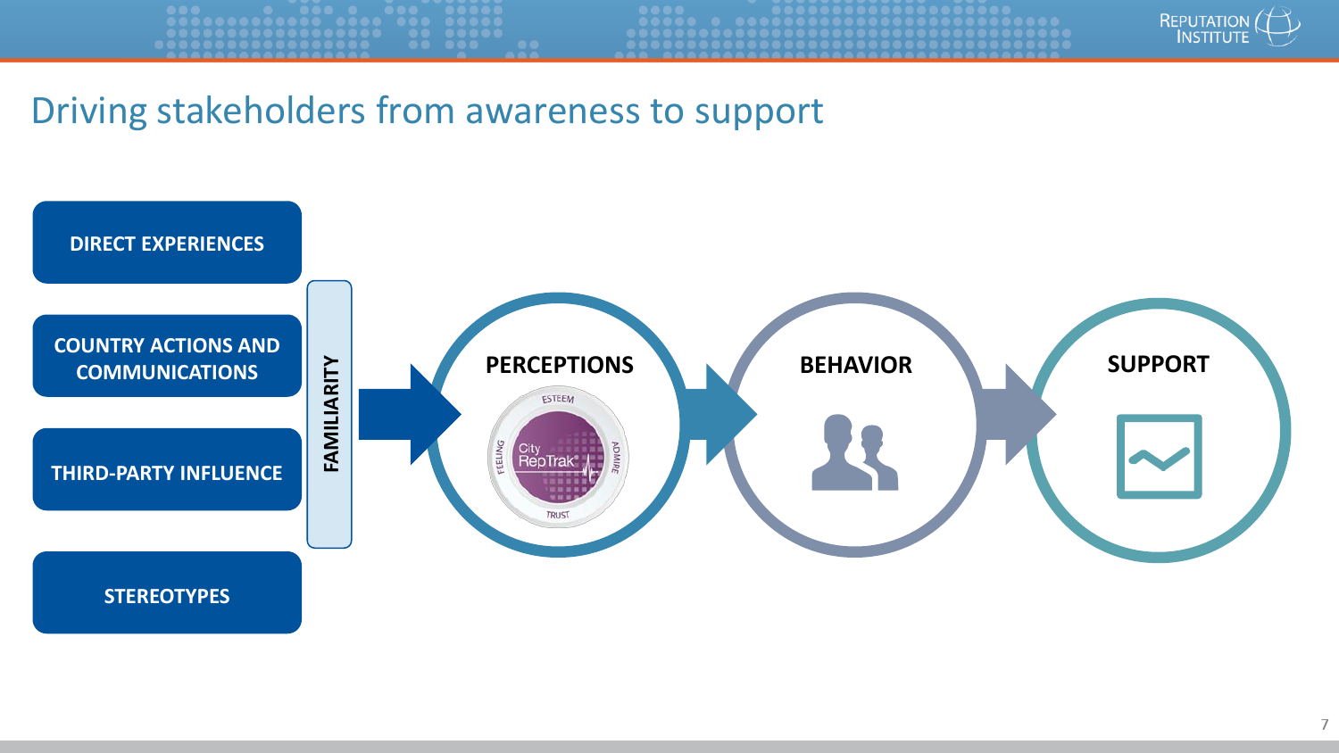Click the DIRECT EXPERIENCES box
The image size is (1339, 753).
(167, 243)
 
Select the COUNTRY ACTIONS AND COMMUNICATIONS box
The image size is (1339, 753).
(167, 357)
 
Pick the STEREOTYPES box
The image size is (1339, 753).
(167, 594)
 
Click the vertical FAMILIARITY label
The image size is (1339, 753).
(330, 414)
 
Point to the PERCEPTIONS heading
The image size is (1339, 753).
(559, 365)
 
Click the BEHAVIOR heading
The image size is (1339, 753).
(855, 365)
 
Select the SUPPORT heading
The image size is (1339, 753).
(1158, 364)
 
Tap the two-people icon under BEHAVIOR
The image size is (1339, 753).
(854, 453)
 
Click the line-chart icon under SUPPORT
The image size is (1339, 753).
(1159, 456)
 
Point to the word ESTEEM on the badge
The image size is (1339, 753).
(558, 399)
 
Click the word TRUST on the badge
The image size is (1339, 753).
(558, 515)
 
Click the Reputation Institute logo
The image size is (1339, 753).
(1228, 29)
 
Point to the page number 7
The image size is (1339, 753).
(1325, 724)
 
